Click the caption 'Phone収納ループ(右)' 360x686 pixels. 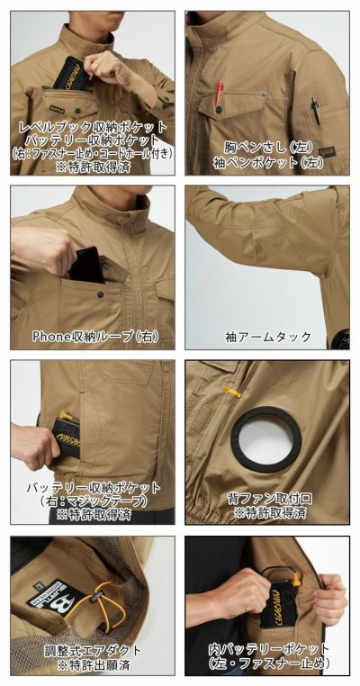pos(94,336)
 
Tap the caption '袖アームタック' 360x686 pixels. pos(268,336)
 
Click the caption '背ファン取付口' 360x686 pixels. pos(268,497)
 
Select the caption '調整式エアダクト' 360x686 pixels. pos(92,649)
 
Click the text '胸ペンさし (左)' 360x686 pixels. pos(268,145)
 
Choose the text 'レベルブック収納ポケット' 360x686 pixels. pos(92,127)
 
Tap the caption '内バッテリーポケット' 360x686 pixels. pos(268,649)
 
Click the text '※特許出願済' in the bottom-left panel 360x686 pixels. pos(92,664)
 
